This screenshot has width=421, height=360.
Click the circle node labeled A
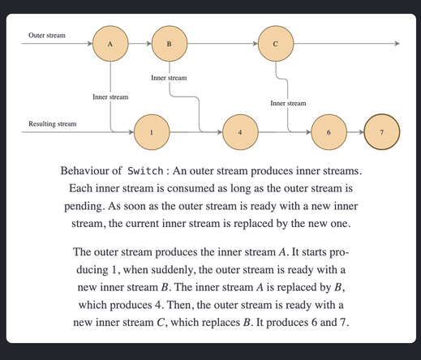tap(109, 44)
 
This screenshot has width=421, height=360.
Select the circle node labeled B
tap(169, 44)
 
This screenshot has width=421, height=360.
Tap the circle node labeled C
tap(276, 44)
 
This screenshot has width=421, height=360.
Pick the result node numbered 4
tap(239, 131)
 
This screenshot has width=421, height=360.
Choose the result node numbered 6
tap(329, 131)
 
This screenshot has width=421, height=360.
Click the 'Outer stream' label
tap(47, 36)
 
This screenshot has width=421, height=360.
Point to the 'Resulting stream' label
tap(53, 124)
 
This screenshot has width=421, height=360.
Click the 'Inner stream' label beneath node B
tap(169, 78)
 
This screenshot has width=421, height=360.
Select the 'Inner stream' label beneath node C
tap(288, 103)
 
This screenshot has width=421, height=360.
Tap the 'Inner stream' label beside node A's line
tap(110, 97)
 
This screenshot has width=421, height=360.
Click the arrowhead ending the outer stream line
tap(397, 44)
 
